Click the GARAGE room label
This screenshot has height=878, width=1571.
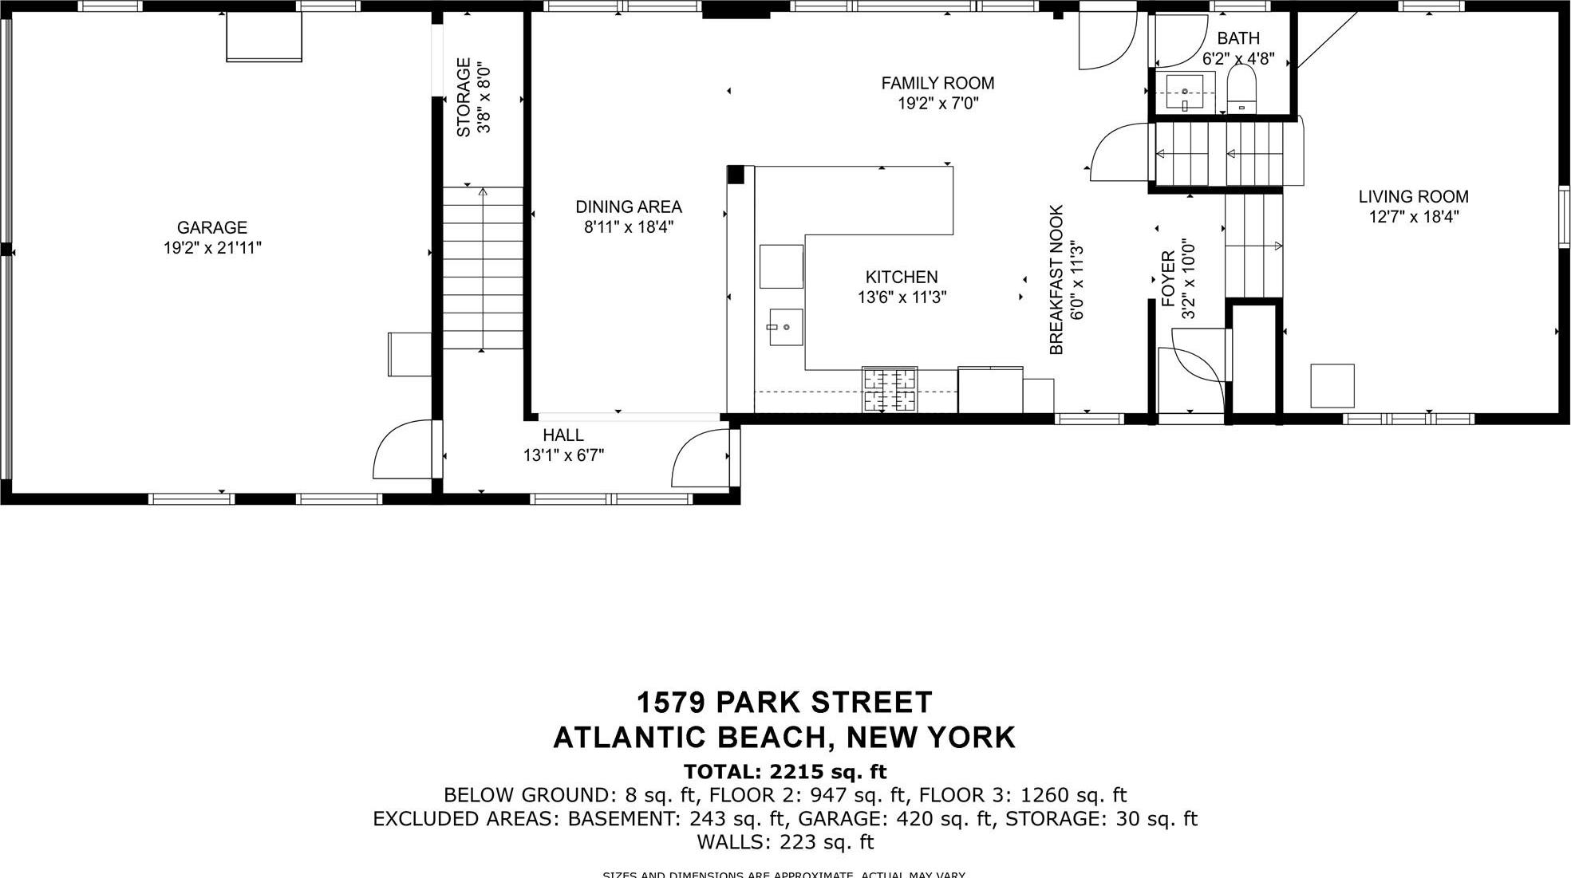click(211, 227)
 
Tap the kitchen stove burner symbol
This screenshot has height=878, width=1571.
click(889, 390)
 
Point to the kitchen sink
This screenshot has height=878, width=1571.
click(785, 327)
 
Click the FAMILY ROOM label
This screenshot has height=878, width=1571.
click(937, 83)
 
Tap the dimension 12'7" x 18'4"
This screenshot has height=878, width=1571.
click(1413, 217)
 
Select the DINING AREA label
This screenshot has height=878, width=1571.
click(628, 207)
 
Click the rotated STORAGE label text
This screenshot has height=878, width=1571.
click(464, 97)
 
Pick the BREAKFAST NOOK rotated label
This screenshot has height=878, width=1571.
click(1056, 279)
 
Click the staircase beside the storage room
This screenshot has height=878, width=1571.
click(483, 267)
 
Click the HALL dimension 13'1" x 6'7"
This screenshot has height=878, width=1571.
click(563, 455)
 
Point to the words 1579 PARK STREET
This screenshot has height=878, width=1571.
click(784, 703)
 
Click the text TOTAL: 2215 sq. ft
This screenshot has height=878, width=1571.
click(784, 771)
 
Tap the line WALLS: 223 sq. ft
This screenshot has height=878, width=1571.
click(784, 841)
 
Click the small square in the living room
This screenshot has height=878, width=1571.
click(1332, 386)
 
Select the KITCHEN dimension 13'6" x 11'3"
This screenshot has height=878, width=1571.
click(902, 297)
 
